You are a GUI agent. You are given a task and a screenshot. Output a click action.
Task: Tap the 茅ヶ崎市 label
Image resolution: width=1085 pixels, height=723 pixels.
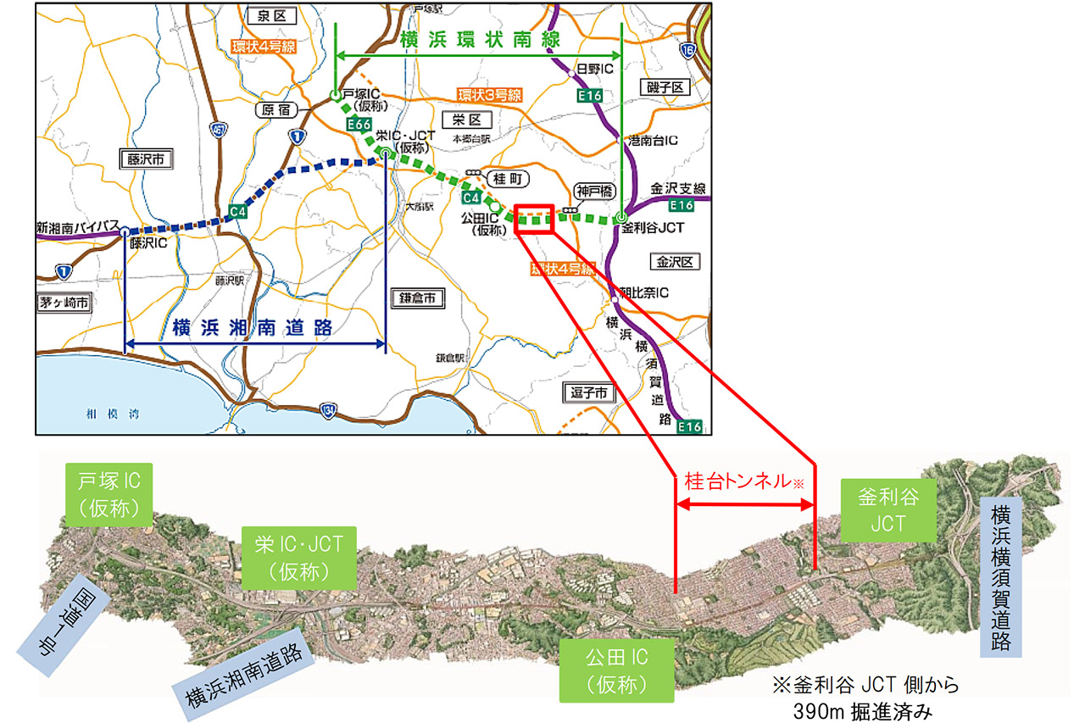pos(64,303)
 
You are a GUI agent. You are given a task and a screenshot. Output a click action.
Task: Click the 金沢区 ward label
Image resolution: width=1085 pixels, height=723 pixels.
pos(675,262)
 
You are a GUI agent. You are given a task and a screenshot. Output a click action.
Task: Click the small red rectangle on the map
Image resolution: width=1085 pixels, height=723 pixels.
pos(534,218)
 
